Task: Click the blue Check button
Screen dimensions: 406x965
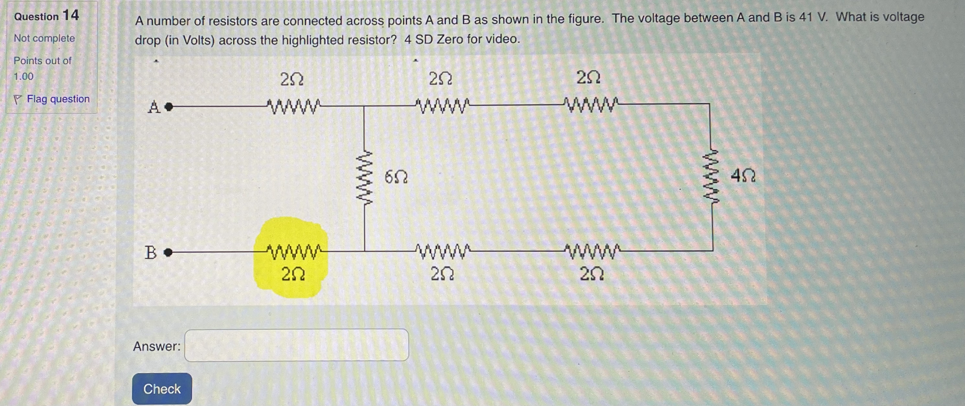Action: tap(162, 389)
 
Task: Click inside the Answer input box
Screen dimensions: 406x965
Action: tap(296, 345)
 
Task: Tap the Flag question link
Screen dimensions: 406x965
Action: tap(58, 99)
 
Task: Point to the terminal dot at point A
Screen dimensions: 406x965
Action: tap(169, 107)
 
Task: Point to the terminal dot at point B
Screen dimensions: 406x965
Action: tap(169, 253)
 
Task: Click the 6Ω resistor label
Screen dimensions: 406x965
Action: tap(396, 177)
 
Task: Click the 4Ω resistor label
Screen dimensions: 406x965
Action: tap(743, 175)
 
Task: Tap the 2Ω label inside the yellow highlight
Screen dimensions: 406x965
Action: tap(292, 275)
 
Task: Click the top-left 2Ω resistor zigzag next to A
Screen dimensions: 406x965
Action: tap(293, 106)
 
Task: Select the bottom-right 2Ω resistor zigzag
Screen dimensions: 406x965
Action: tap(591, 251)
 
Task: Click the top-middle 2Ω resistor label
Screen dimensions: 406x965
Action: tap(440, 79)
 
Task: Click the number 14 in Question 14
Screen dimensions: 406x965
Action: tap(71, 15)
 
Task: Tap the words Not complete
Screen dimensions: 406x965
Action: tap(44, 38)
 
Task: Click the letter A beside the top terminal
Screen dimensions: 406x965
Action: tap(153, 107)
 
